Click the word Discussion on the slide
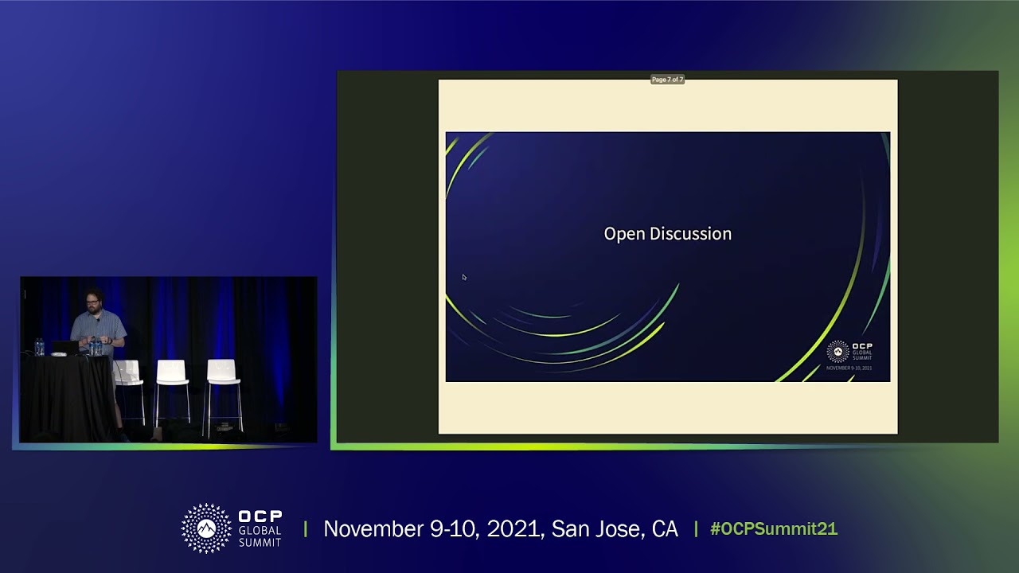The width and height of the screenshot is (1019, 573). (x=689, y=234)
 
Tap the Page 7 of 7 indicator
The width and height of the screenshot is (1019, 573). (x=667, y=80)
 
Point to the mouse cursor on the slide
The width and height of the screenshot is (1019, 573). (x=463, y=277)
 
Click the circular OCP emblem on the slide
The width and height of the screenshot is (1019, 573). (x=837, y=351)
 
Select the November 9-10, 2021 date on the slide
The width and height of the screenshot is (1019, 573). (x=849, y=368)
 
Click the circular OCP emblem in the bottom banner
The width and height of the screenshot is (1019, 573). (x=206, y=528)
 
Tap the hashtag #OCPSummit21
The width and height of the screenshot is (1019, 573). (x=773, y=529)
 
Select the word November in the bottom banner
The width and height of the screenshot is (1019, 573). (x=373, y=529)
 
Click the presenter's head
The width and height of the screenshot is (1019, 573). (x=92, y=302)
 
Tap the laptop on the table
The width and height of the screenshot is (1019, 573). (x=65, y=348)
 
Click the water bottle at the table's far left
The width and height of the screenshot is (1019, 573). (x=38, y=347)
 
